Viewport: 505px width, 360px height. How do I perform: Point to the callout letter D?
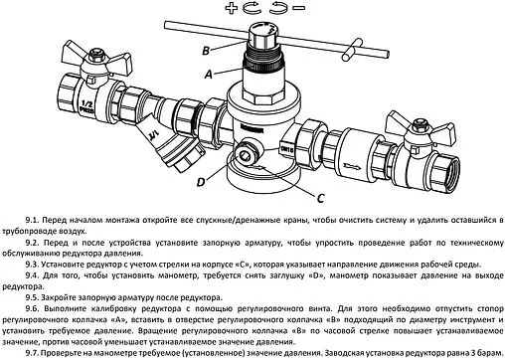[201, 181]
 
